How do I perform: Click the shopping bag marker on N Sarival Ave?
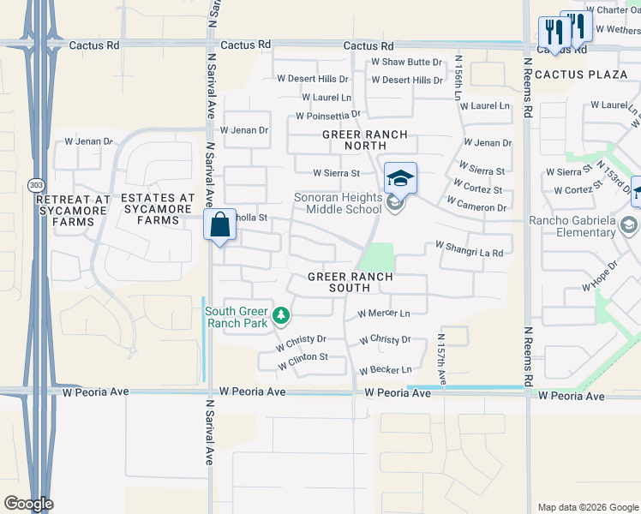[220, 227]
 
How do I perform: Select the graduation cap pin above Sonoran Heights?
[400, 178]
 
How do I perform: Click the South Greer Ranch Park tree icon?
[280, 317]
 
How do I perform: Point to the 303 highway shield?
[36, 184]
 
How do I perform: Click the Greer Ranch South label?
[350, 282]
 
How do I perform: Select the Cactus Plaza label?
[582, 75]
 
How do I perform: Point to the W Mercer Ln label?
[384, 314]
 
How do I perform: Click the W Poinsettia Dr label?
[328, 115]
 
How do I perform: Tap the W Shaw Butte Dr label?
[406, 63]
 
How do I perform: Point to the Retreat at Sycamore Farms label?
[74, 211]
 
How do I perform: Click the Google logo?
[28, 504]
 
